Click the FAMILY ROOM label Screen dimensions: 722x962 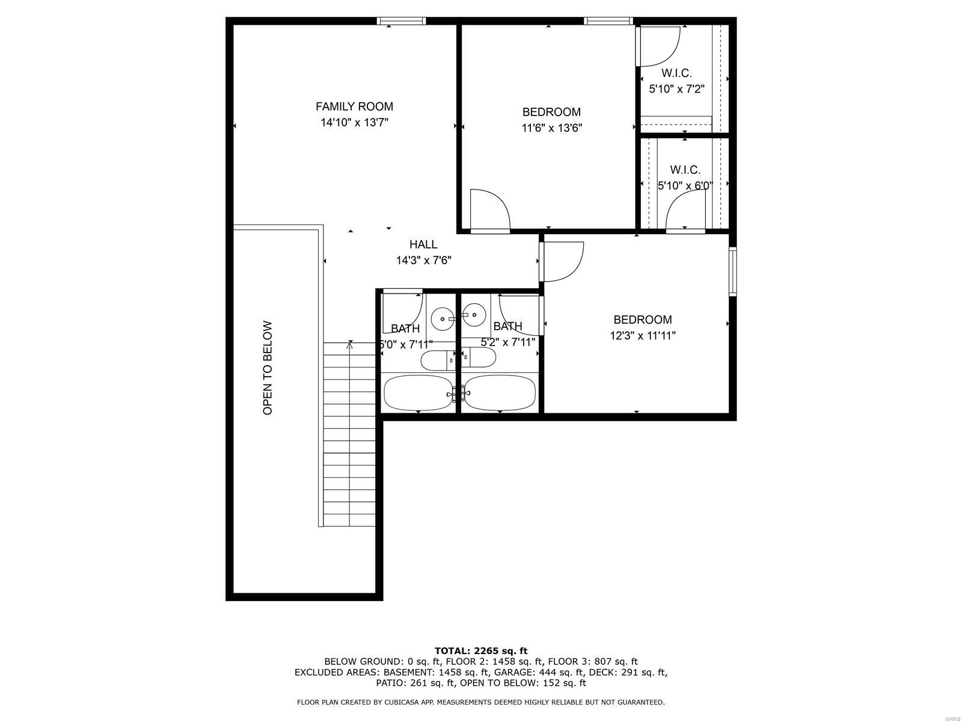coord(354,106)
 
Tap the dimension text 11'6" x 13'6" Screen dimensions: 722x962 coord(551,128)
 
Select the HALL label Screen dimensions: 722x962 coord(423,244)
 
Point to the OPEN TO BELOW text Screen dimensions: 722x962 coord(268,368)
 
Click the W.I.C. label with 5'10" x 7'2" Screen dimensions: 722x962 coord(676,73)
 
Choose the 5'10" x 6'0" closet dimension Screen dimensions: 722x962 coord(685,186)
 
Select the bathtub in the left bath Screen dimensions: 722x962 coord(419,392)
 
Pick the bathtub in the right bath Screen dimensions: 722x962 coord(500,392)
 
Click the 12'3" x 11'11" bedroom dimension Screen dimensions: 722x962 coord(643,336)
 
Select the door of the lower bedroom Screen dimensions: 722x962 coord(562,261)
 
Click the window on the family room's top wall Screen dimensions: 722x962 coord(401,21)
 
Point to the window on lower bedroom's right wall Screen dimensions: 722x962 coord(732,271)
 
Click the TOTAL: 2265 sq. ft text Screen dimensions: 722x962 coord(480,650)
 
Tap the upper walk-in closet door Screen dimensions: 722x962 coord(658,46)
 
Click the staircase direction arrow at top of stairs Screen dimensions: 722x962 coord(349,345)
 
